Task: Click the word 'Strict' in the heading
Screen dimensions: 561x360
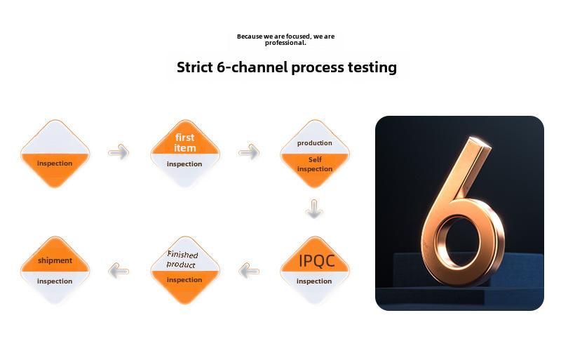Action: (x=195, y=67)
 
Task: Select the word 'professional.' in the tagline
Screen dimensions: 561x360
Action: (x=285, y=43)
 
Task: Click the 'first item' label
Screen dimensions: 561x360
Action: (x=185, y=142)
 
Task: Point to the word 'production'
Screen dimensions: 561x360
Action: (x=314, y=143)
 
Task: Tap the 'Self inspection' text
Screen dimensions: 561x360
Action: (x=315, y=164)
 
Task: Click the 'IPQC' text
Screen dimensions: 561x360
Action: (x=317, y=261)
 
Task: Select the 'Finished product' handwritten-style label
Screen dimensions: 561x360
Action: (x=182, y=260)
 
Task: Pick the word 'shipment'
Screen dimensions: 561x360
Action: (x=55, y=260)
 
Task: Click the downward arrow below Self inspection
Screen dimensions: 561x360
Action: (x=314, y=208)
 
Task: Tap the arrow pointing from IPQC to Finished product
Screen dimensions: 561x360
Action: (x=249, y=270)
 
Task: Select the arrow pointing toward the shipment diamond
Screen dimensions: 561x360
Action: (x=119, y=270)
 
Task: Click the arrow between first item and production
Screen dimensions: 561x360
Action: (x=249, y=152)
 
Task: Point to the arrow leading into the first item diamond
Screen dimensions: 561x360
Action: (x=119, y=152)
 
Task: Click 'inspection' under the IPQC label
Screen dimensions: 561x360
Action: (x=314, y=281)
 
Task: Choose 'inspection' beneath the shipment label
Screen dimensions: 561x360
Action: (x=55, y=281)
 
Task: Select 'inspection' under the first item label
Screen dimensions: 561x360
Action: (x=184, y=164)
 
